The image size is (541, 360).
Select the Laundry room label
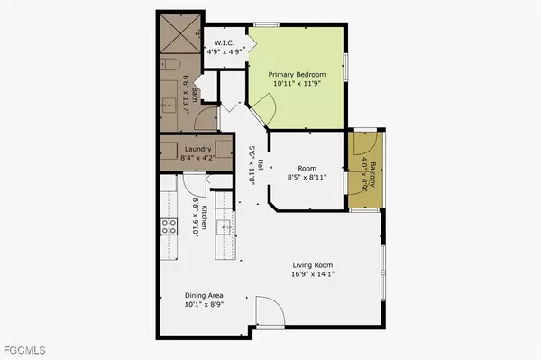tap(197, 149)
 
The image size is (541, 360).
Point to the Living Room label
tap(312, 264)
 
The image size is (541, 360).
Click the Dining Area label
tap(204, 295)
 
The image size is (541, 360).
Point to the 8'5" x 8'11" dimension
tap(306, 178)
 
